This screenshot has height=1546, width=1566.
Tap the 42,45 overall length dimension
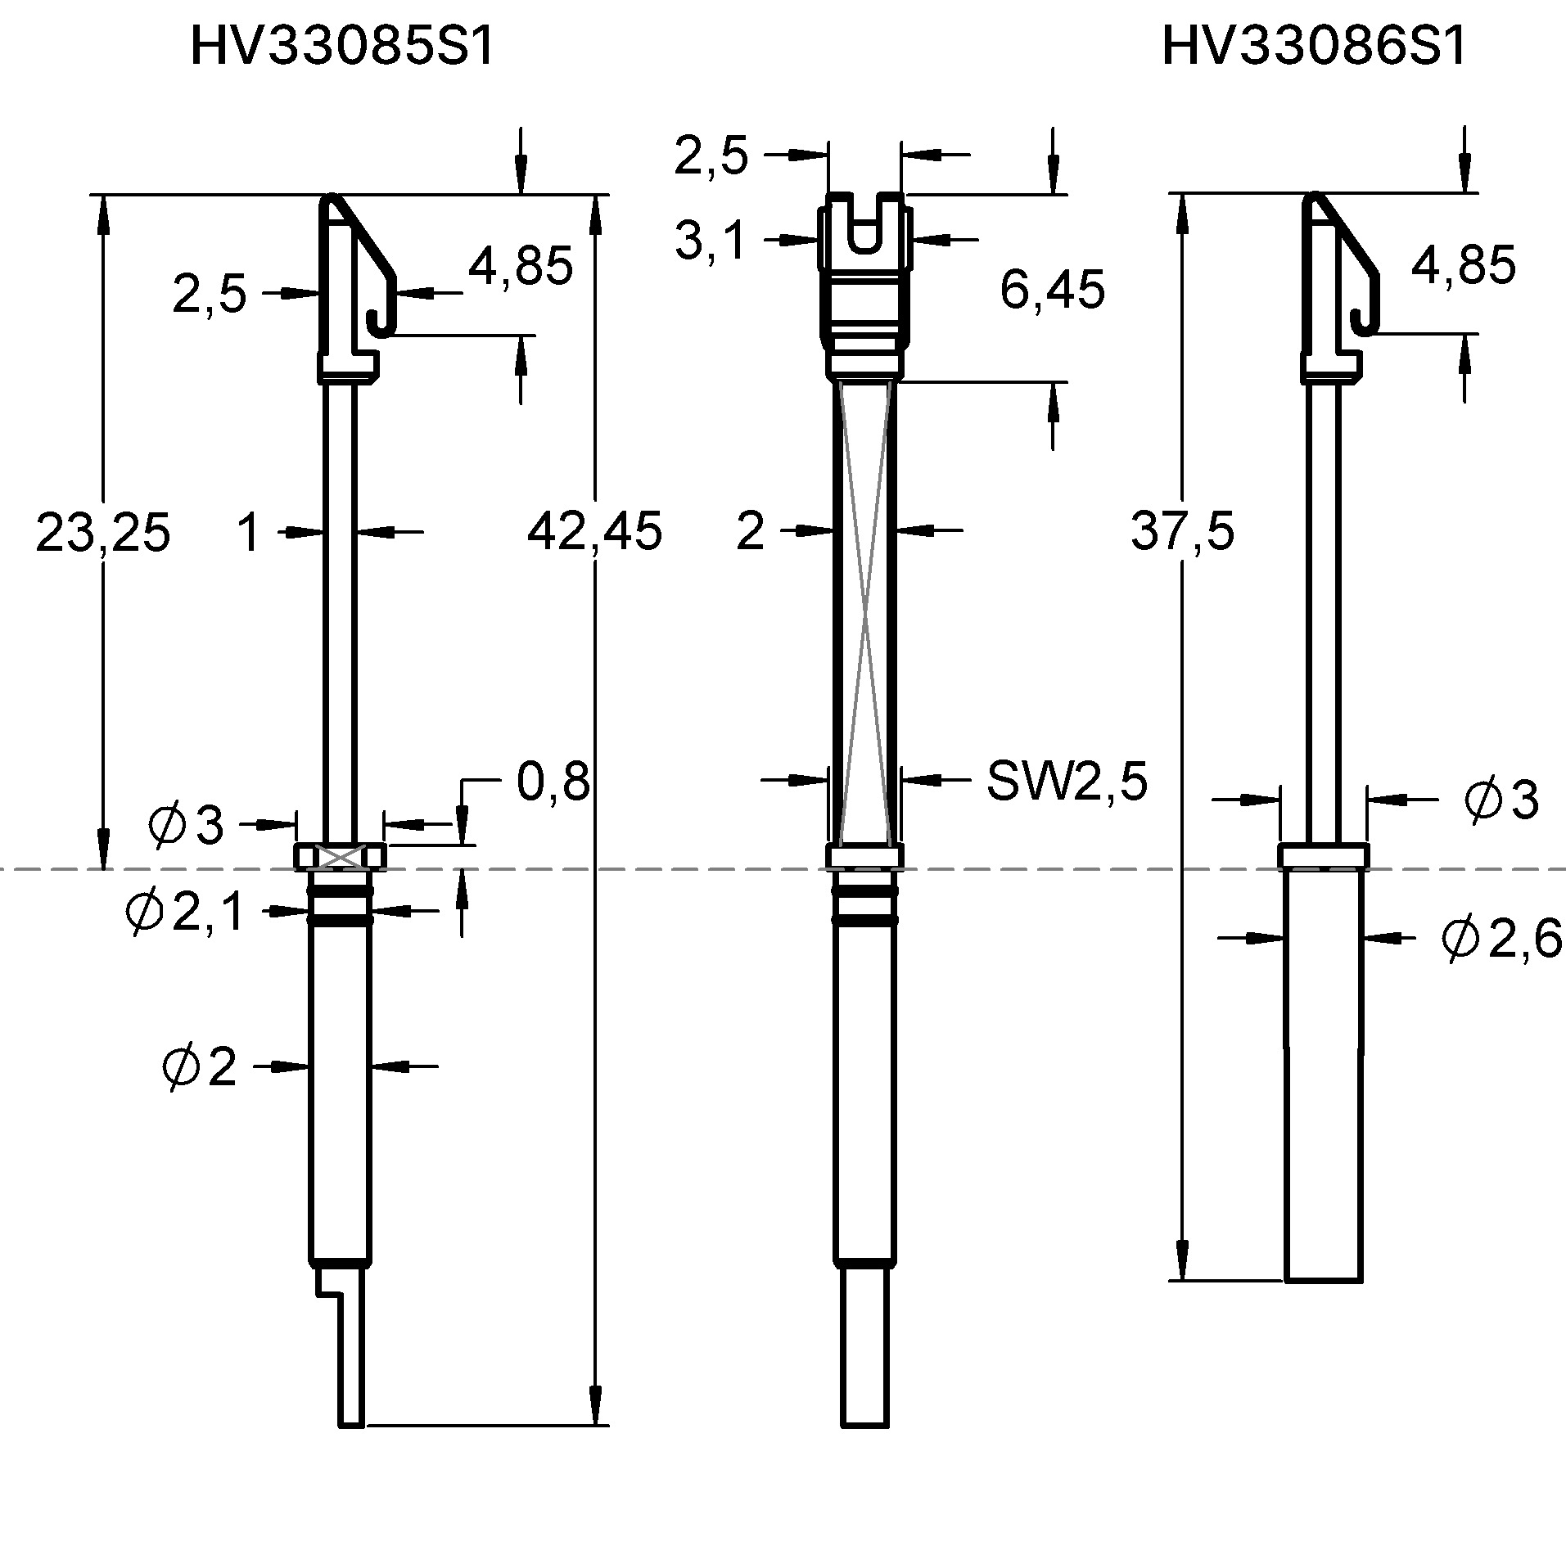[594, 532]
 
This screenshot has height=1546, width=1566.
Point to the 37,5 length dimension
[1182, 532]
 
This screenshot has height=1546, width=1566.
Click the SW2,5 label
[1067, 782]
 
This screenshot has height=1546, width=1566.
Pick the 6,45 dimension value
[1052, 290]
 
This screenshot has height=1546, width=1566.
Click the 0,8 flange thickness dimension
[553, 782]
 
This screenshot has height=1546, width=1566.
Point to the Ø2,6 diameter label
[1501, 939]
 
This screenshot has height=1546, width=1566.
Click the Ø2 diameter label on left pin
[200, 1067]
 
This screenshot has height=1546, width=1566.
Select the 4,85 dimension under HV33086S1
[1463, 266]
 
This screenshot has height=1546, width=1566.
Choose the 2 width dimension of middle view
[750, 532]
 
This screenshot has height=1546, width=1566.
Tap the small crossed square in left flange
[339, 857]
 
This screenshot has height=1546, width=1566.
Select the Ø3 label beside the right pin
[1501, 800]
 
